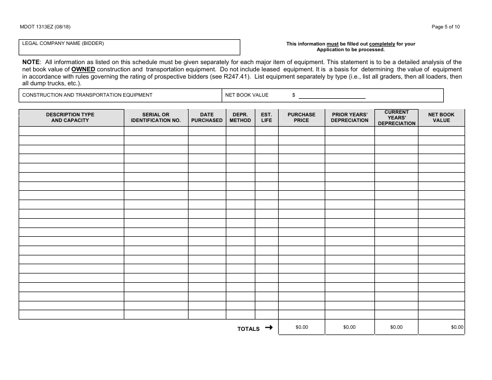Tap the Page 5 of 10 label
point(445,27)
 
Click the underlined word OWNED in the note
point(83,69)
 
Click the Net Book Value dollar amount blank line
point(332,96)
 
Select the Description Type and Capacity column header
point(70,117)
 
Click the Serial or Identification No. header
point(155,117)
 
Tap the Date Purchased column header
point(207,117)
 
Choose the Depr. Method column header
point(240,117)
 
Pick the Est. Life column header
point(266,117)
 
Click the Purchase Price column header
point(301,117)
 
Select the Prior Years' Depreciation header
point(350,117)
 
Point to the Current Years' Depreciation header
point(396,117)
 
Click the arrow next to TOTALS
point(268,327)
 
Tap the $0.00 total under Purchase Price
point(301,327)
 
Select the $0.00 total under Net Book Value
point(457,327)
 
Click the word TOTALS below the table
point(249,329)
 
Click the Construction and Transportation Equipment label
point(88,95)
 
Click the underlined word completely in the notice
point(382,44)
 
